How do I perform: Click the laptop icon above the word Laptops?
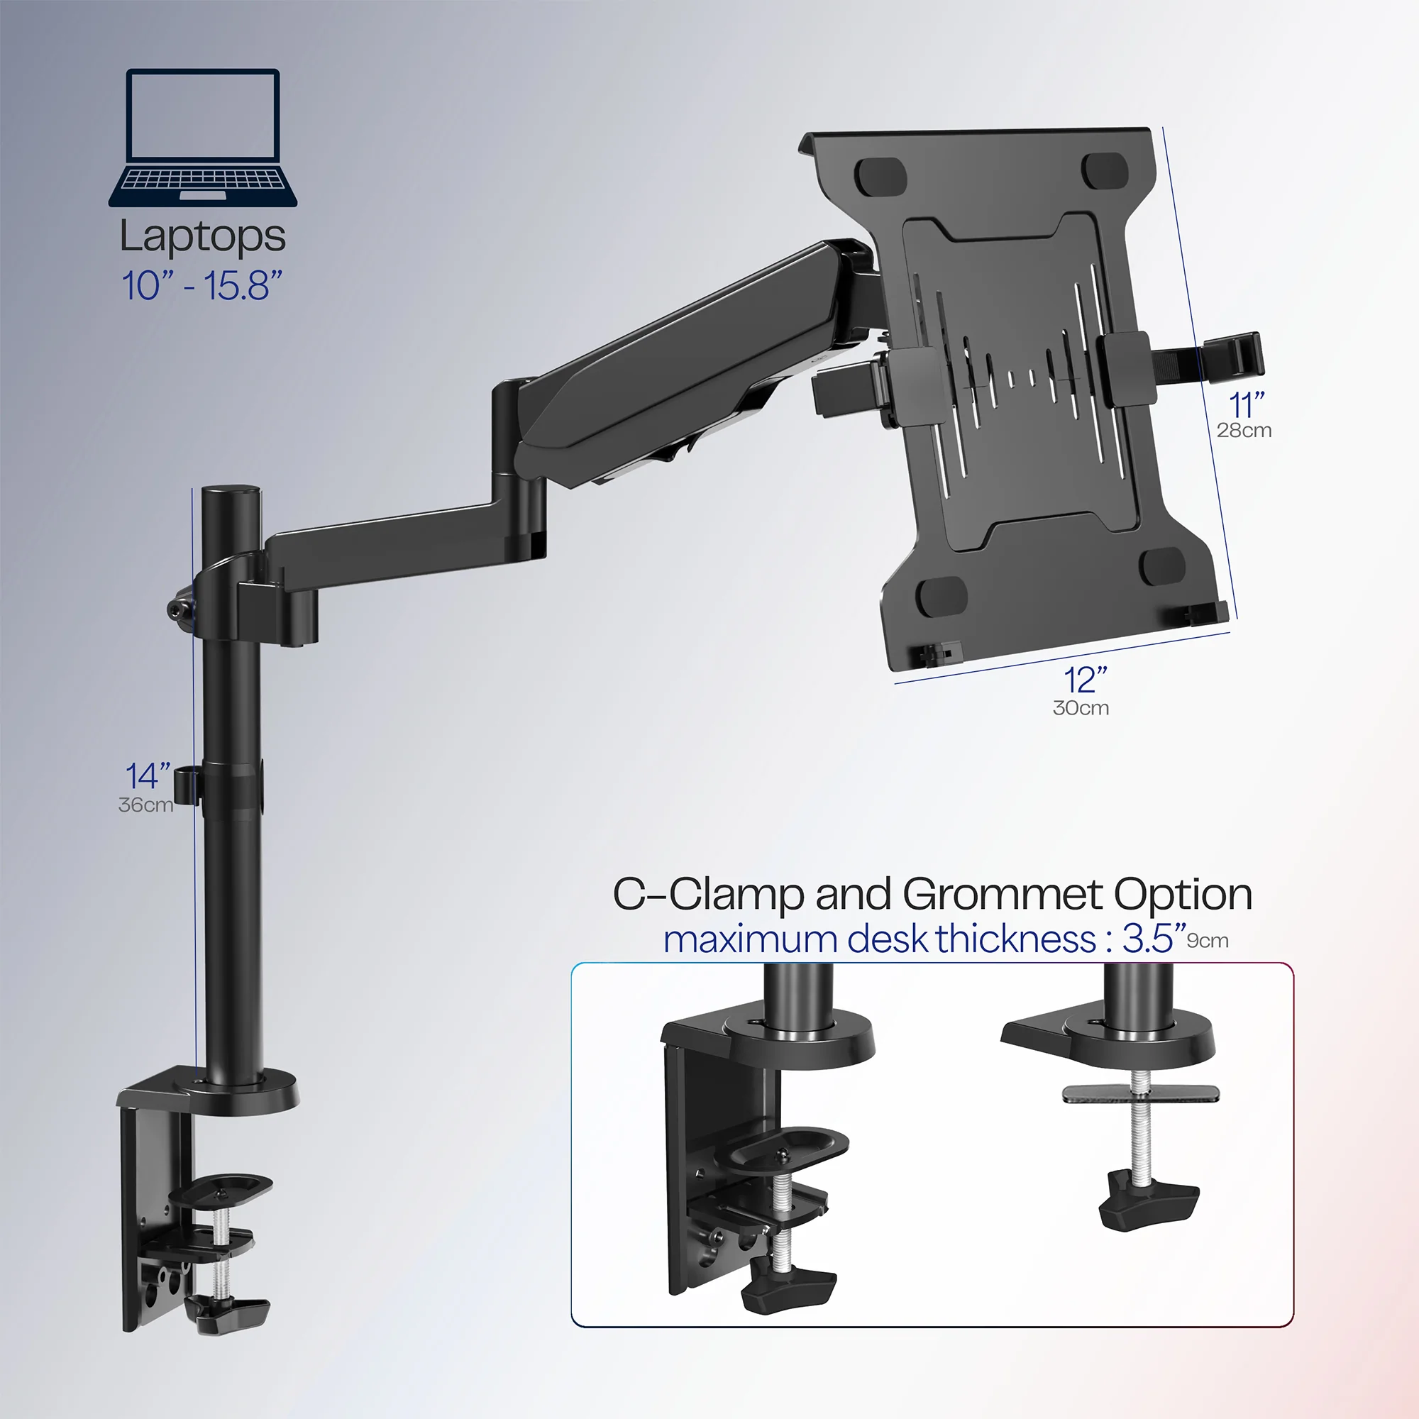coord(203,138)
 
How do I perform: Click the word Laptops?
coord(203,238)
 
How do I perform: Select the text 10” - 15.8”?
coord(202,286)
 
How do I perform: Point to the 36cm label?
coord(145,805)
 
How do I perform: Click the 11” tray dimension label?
coord(1247,404)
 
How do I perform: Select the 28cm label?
coord(1244,431)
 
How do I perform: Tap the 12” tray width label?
coord(1085,680)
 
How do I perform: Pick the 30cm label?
coord(1081,708)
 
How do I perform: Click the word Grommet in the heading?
coord(1003,895)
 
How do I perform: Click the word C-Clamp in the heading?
coord(708,895)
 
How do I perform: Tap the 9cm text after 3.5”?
coord(1208,941)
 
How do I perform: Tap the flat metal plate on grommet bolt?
coord(1141,1093)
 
